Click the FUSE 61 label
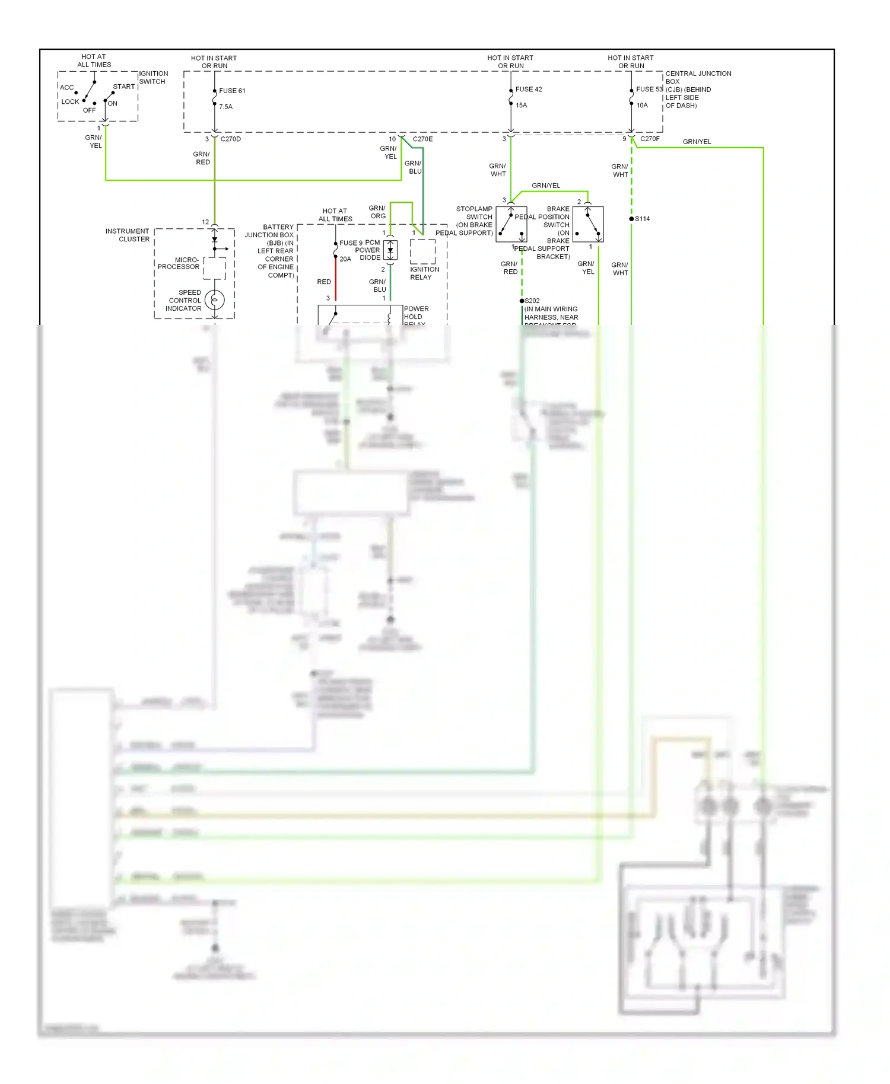coord(232,91)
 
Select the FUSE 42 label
coord(528,90)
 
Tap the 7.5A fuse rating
coord(225,107)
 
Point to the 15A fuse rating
coord(521,106)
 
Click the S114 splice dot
coord(631,219)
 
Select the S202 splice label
coord(532,301)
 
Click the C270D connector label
coord(230,139)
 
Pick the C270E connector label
coord(422,139)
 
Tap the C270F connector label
coord(650,139)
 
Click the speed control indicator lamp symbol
coord(214,300)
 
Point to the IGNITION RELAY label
coord(424,273)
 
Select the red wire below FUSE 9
coord(336,279)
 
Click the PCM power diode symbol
coord(390,250)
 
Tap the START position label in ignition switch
coord(123,87)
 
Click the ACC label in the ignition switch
coord(66,88)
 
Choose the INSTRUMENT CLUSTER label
coord(128,235)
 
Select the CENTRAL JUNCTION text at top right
coord(698,74)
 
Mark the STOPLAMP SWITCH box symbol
coord(511,224)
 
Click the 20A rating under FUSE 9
coord(345,259)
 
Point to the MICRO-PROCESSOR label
coord(178,263)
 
